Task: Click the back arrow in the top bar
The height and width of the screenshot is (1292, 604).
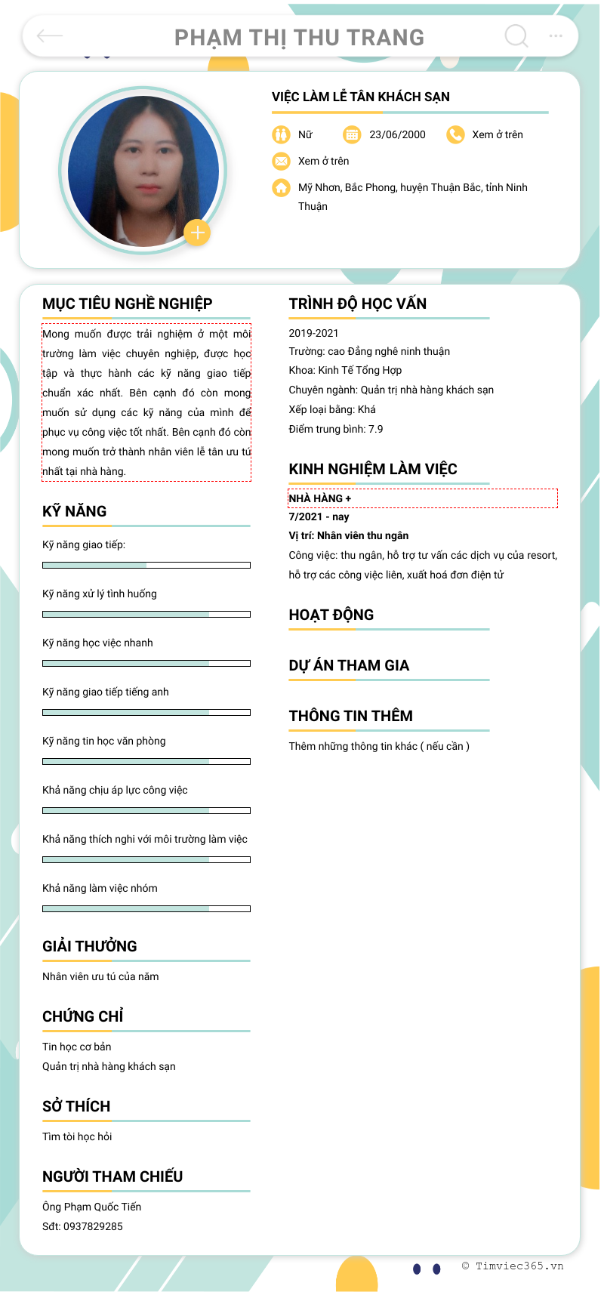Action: click(x=50, y=35)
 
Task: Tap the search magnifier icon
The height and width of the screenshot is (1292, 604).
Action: click(x=516, y=35)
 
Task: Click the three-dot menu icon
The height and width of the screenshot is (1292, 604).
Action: click(x=556, y=35)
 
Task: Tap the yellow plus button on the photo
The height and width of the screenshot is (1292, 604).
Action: click(x=197, y=233)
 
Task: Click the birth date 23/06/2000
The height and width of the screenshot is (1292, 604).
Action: click(x=397, y=134)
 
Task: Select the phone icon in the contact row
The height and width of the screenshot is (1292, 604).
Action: click(x=455, y=134)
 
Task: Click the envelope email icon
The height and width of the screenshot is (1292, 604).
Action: click(x=281, y=161)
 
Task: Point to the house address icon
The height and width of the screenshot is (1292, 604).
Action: click(x=281, y=187)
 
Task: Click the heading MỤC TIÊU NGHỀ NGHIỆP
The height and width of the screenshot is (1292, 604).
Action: click(x=127, y=304)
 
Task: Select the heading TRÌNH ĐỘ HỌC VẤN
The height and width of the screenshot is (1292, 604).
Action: click(x=357, y=304)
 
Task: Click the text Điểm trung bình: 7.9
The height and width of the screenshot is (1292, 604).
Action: click(x=335, y=429)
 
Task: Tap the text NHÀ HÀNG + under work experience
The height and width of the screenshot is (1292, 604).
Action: click(x=320, y=498)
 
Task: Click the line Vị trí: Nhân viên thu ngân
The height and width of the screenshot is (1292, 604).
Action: click(x=348, y=535)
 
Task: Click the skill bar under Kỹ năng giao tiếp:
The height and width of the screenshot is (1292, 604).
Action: click(x=146, y=565)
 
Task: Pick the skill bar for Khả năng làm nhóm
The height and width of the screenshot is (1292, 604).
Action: click(x=146, y=908)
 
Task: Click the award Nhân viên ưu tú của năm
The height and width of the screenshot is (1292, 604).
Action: click(x=100, y=976)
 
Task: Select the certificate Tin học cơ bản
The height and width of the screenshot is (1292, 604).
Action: click(x=76, y=1047)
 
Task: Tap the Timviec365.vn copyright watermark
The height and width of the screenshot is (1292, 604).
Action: click(x=513, y=1266)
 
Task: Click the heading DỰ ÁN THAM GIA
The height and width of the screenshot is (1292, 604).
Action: click(x=349, y=665)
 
